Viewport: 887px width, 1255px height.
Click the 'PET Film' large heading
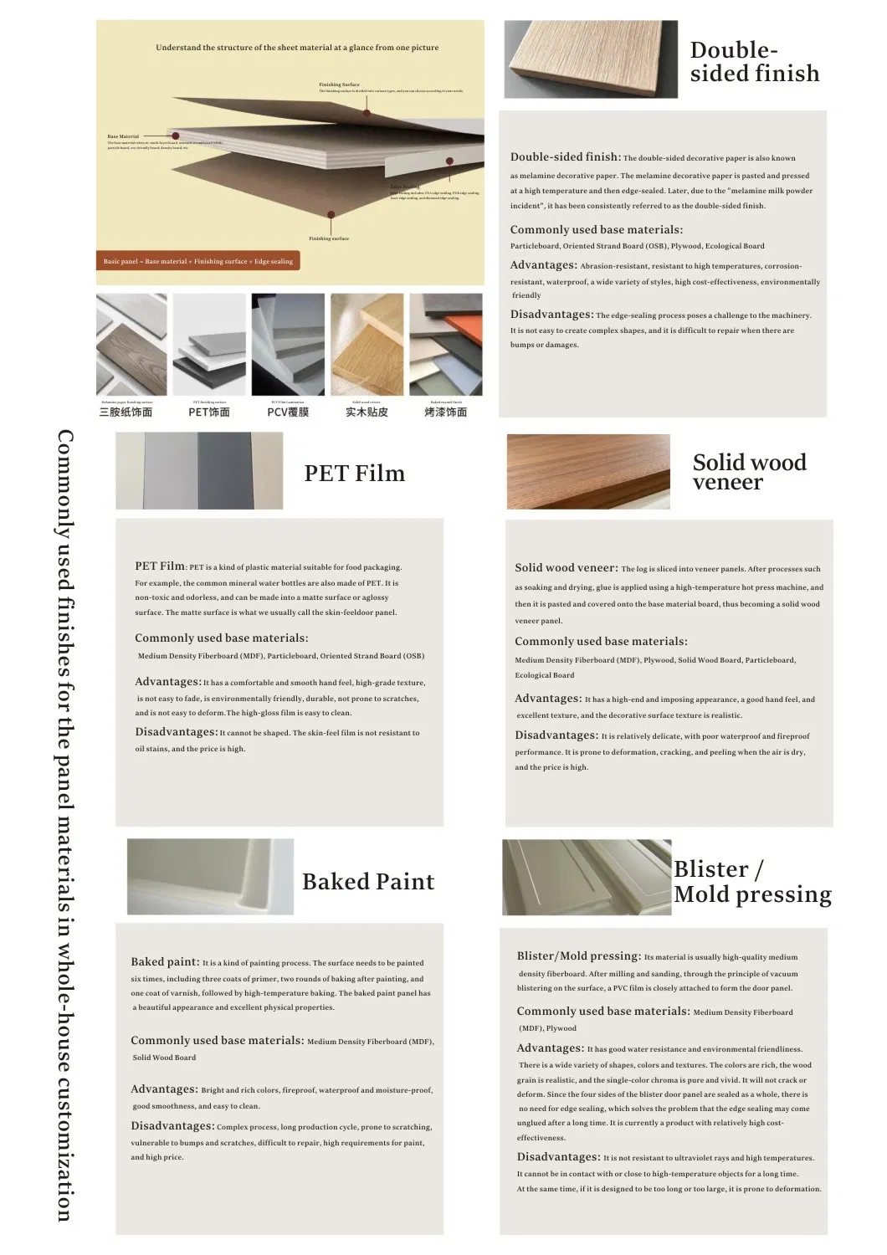coord(354,474)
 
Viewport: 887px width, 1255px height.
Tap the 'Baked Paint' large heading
coord(368,882)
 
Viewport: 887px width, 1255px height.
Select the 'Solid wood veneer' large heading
coord(749,472)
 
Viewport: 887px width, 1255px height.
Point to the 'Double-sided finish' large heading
coord(754,62)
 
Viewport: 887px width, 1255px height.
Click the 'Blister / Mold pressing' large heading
coord(752,882)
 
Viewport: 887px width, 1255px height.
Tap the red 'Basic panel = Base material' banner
coord(198,261)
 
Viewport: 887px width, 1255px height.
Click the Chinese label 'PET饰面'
coord(209,412)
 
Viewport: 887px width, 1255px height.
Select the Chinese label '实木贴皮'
coord(367,412)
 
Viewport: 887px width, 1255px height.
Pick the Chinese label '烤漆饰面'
coord(446,412)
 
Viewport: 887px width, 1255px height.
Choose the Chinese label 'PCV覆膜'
coord(288,412)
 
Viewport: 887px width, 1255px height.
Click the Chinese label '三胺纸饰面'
coord(126,412)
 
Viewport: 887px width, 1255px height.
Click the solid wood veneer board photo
coord(588,471)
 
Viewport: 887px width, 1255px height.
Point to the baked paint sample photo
coord(210,876)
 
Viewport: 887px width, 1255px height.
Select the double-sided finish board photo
coord(591,59)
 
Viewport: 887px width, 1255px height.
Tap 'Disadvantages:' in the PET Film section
coord(177,732)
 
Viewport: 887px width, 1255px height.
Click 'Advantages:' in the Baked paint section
coord(165,1089)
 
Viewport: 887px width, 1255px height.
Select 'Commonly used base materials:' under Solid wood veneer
coord(601,642)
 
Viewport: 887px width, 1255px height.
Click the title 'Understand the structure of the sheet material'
coord(297,48)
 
